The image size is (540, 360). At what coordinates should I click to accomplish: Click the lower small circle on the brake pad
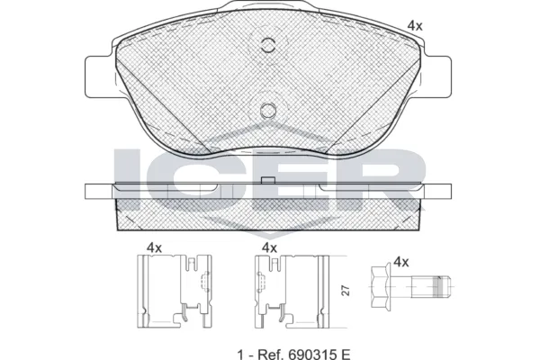tap(267, 110)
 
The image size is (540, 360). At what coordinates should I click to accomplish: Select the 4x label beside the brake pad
tap(414, 26)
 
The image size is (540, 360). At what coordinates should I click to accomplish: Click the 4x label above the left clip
tap(154, 246)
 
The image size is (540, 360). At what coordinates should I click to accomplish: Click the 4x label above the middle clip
tap(269, 246)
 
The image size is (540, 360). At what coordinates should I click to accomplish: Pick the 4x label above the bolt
tap(401, 262)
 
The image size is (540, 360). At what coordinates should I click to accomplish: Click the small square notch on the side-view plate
tap(266, 181)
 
